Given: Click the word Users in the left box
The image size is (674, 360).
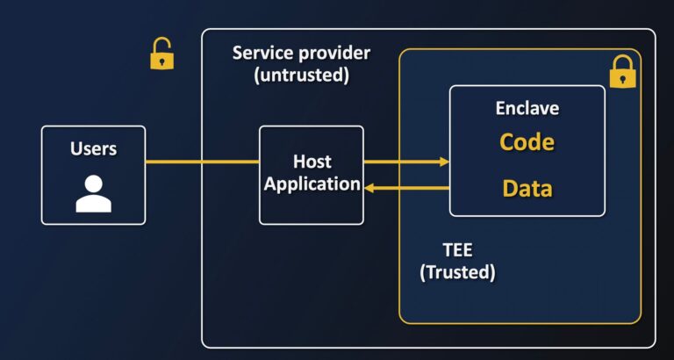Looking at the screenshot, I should pos(93,148).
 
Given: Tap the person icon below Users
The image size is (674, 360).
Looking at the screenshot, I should pos(93,194).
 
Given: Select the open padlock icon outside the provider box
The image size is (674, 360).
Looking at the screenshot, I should pos(161,54).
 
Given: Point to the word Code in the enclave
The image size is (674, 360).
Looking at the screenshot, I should pos(527,142).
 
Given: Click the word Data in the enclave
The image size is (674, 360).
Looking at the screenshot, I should pos(527,188).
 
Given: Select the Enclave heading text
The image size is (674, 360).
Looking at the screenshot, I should pos(527,109).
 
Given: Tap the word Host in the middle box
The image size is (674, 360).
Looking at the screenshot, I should pos(312,162).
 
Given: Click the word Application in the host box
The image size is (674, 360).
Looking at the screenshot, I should pos(312,184).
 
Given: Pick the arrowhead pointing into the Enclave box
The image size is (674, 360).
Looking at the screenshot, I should pos(444,162).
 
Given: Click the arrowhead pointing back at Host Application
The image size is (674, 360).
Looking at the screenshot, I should pos(369,187).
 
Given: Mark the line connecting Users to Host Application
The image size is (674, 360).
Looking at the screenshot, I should pos(202,162).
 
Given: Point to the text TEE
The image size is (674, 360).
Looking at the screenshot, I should pos(457,248).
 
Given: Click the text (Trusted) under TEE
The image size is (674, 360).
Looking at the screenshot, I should pos(457,272).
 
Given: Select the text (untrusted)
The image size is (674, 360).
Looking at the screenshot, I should pos(302,76).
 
